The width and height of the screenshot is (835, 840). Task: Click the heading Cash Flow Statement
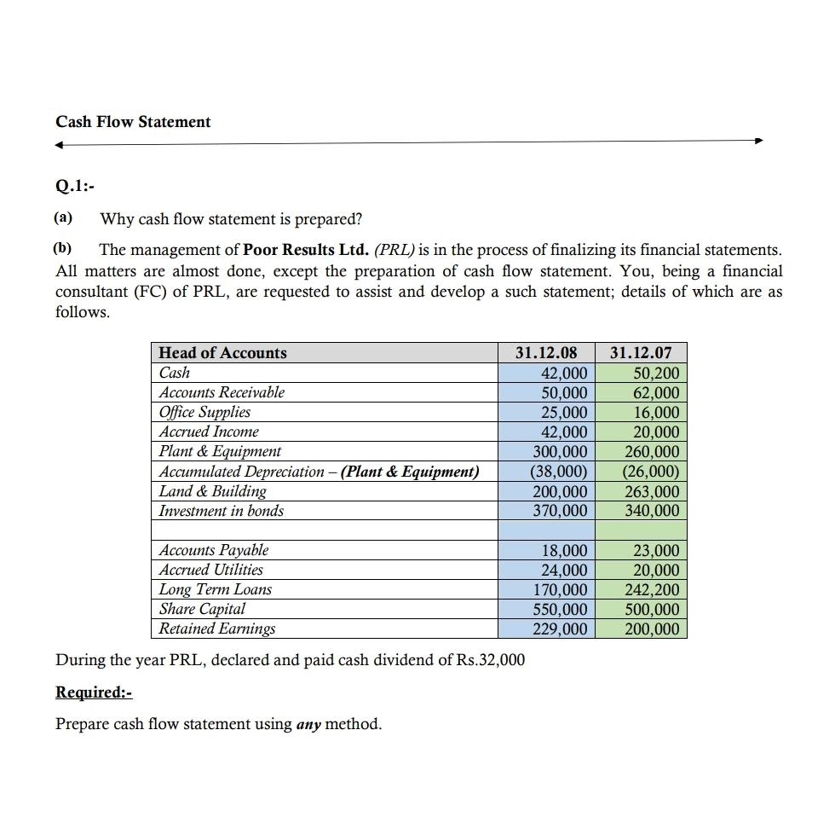point(133,122)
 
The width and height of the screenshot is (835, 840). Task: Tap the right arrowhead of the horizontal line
point(759,142)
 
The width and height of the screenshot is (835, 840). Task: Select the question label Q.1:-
point(73,182)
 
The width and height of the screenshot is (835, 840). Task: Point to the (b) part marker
point(64,249)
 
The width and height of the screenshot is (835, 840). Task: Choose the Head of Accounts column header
point(223,353)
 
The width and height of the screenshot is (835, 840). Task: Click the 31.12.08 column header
point(547,353)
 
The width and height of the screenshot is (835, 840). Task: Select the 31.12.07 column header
point(641,353)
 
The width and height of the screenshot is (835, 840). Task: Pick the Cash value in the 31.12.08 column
point(564,374)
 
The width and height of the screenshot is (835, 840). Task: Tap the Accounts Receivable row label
point(222,392)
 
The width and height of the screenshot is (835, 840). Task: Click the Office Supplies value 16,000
point(656,413)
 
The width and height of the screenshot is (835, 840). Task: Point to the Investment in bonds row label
point(222,511)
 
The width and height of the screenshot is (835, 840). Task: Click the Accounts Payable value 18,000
point(564,551)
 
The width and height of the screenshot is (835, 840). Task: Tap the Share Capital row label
point(202,609)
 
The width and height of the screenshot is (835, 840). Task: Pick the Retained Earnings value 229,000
point(560,629)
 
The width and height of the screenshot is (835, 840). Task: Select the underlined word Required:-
point(94,692)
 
